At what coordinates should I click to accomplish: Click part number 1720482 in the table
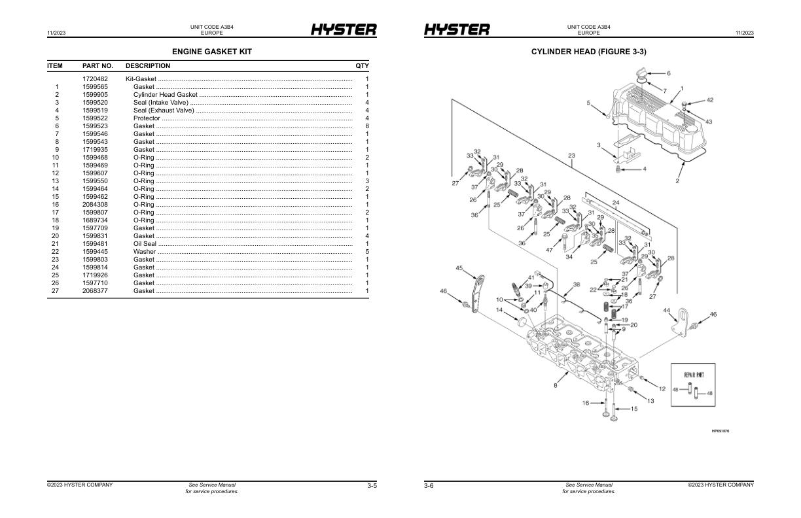click(x=95, y=79)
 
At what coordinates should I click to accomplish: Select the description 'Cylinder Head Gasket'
click(x=165, y=95)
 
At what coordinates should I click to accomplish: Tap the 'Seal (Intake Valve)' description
click(x=160, y=103)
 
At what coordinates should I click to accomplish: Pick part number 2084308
click(x=95, y=205)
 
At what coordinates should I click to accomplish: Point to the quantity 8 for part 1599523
click(x=366, y=126)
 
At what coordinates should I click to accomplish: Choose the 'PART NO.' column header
click(x=98, y=66)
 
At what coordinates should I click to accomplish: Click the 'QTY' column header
click(x=362, y=66)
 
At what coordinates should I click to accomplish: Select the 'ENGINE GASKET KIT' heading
click(x=211, y=51)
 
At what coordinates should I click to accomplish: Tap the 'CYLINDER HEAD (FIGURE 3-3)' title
click(x=589, y=51)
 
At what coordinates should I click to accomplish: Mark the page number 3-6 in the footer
click(x=429, y=485)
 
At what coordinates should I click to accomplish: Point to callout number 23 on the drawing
click(x=571, y=156)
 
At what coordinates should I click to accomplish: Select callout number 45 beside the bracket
click(x=459, y=268)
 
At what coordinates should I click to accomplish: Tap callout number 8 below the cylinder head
click(x=556, y=386)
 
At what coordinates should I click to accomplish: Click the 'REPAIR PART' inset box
click(x=692, y=385)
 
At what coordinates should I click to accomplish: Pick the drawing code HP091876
click(x=720, y=431)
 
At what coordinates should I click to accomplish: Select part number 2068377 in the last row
click(x=95, y=291)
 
